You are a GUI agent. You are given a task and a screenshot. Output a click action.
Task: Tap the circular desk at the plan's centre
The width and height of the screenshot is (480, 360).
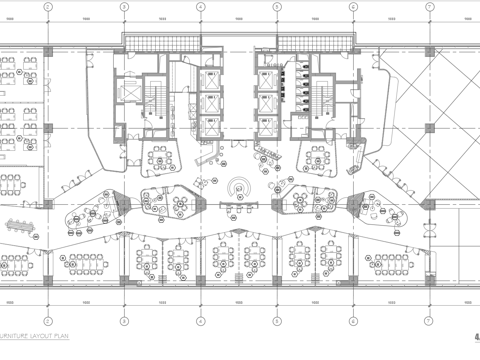(240, 187)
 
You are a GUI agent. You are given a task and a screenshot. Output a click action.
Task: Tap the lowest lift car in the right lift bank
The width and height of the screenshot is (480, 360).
(267, 125)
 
